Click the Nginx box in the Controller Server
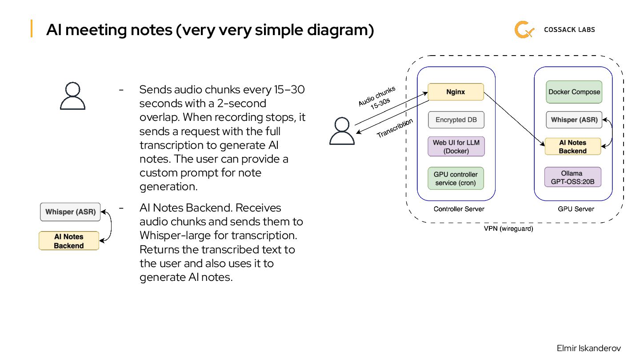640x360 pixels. tap(456, 92)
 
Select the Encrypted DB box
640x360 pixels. tap(456, 120)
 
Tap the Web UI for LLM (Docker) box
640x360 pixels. tap(456, 147)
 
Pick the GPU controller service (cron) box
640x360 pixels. tap(456, 179)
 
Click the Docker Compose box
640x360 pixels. tap(574, 92)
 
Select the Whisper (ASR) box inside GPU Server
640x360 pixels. tap(574, 120)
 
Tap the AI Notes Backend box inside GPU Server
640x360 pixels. tap(572, 147)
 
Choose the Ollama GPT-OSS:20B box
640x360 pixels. tap(572, 177)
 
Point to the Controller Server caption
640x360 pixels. tap(459, 209)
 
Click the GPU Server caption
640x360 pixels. tap(576, 209)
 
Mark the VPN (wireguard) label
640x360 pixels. tap(508, 229)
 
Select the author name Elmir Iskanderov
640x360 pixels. tap(588, 348)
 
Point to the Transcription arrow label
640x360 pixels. tap(395, 128)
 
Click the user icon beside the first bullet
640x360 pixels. tap(72, 96)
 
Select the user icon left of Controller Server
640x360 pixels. tap(342, 131)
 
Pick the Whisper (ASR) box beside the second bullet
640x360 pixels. tap(70, 212)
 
